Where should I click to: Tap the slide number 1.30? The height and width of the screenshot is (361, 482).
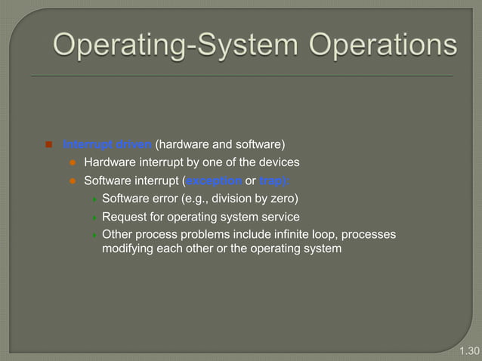[469, 351]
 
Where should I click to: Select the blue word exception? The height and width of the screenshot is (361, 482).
[214, 180]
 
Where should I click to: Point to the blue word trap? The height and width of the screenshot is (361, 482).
[273, 180]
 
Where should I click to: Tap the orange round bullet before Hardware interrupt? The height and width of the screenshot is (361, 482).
[73, 163]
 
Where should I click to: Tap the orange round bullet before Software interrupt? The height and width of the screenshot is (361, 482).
[73, 181]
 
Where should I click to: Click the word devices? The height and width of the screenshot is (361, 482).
[280, 162]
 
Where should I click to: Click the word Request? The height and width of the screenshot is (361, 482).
[124, 217]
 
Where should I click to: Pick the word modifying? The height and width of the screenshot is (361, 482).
[128, 248]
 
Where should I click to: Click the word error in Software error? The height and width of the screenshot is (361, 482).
[165, 199]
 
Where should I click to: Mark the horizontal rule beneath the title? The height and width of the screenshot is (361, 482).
[241, 76]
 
